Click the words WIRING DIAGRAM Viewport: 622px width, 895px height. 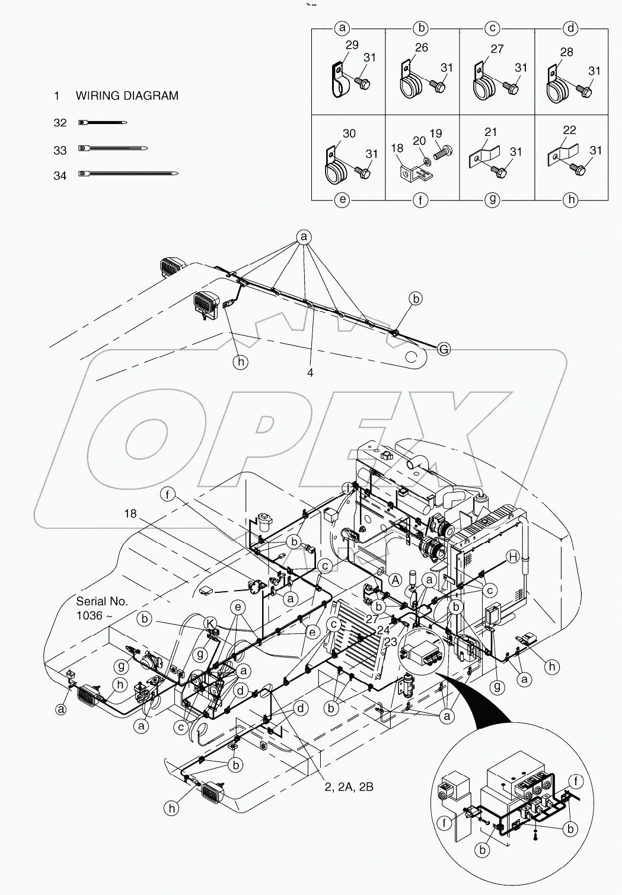tap(127, 96)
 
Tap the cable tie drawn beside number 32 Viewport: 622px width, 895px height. tap(102, 123)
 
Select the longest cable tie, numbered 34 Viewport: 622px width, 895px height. tap(128, 174)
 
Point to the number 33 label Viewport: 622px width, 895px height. tap(60, 151)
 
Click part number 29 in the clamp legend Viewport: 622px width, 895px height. tap(352, 45)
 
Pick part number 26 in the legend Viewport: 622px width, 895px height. tap(421, 47)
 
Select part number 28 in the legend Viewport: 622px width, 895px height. tap(566, 52)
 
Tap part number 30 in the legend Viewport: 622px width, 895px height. tap(349, 134)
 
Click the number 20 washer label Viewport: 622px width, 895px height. tap(419, 140)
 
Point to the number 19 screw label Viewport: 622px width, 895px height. tap(436, 134)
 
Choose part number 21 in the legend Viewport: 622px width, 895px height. tap(491, 132)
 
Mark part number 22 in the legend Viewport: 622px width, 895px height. tap(570, 130)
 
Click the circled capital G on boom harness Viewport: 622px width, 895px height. tap(443, 350)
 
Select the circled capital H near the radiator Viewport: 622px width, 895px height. tap(513, 556)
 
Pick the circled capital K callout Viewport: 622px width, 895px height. tap(210, 623)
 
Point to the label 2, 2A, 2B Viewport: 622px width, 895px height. tap(349, 787)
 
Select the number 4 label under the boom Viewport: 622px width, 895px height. tap(310, 373)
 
